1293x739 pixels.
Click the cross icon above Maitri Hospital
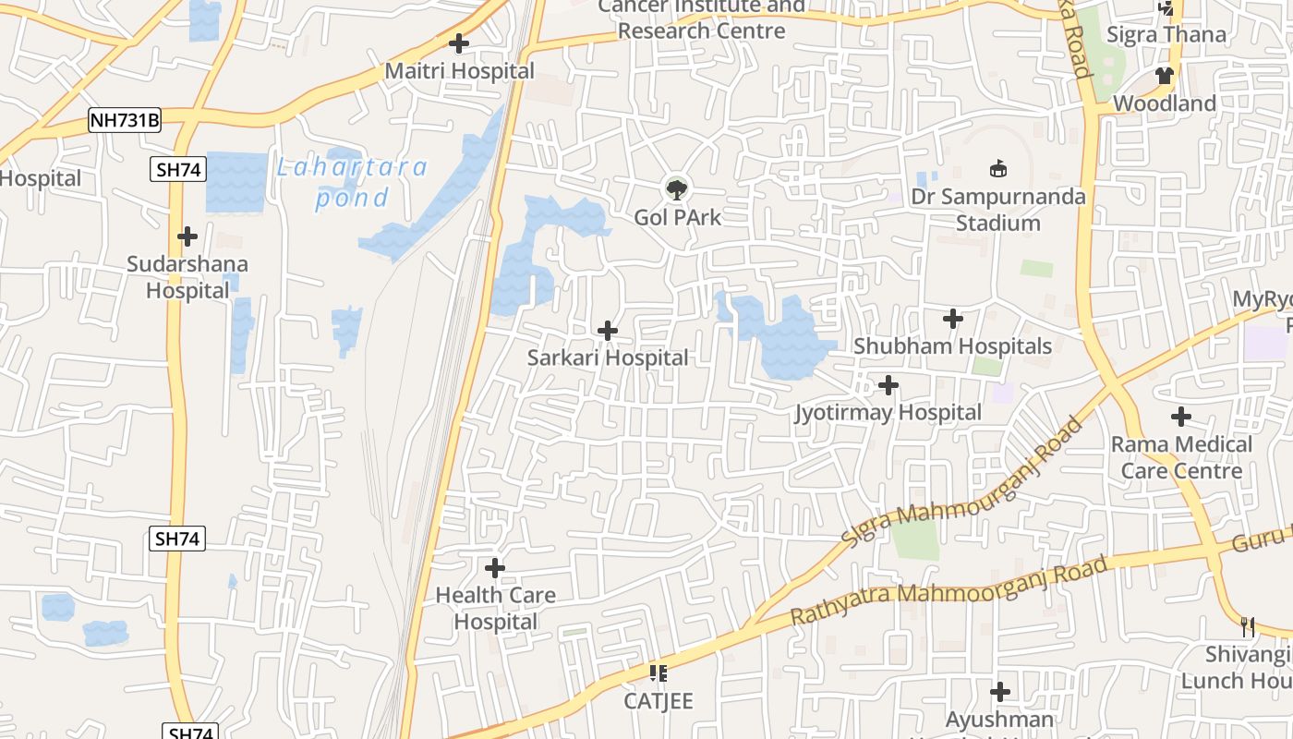click(458, 43)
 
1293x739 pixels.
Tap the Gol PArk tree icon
click(677, 189)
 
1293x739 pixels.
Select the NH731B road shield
click(125, 119)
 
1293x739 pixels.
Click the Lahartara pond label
click(352, 182)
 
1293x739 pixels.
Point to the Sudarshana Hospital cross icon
click(187, 236)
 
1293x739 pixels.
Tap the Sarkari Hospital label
click(608, 357)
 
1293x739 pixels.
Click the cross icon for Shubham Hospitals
click(953, 320)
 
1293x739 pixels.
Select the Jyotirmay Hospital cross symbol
click(888, 384)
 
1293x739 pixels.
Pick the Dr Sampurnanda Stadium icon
click(998, 169)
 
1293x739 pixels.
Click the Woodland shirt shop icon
click(1164, 76)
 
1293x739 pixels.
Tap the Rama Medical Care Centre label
click(1181, 457)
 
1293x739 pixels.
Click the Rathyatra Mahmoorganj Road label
click(949, 591)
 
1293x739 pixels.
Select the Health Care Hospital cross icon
click(495, 567)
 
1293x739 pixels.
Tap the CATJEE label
click(658, 701)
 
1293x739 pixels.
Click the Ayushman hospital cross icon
click(999, 692)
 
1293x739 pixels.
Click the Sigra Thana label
click(1166, 35)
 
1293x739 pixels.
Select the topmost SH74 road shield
click(177, 169)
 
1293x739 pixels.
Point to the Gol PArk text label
click(677, 218)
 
